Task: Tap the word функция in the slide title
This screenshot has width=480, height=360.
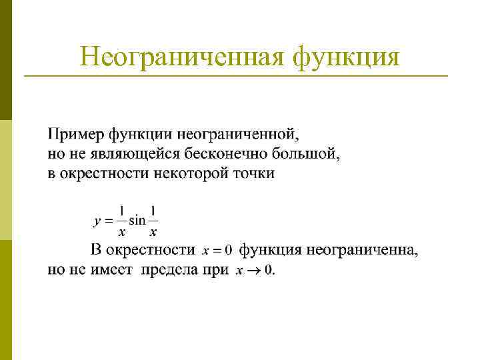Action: (x=346, y=57)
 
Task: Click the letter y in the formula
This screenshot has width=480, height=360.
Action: (x=97, y=219)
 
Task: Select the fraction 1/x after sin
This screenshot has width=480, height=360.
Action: (x=153, y=220)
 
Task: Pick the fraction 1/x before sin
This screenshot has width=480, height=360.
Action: (x=121, y=220)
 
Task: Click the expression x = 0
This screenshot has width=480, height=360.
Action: (x=217, y=251)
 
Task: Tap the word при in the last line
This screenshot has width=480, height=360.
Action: (x=215, y=271)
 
